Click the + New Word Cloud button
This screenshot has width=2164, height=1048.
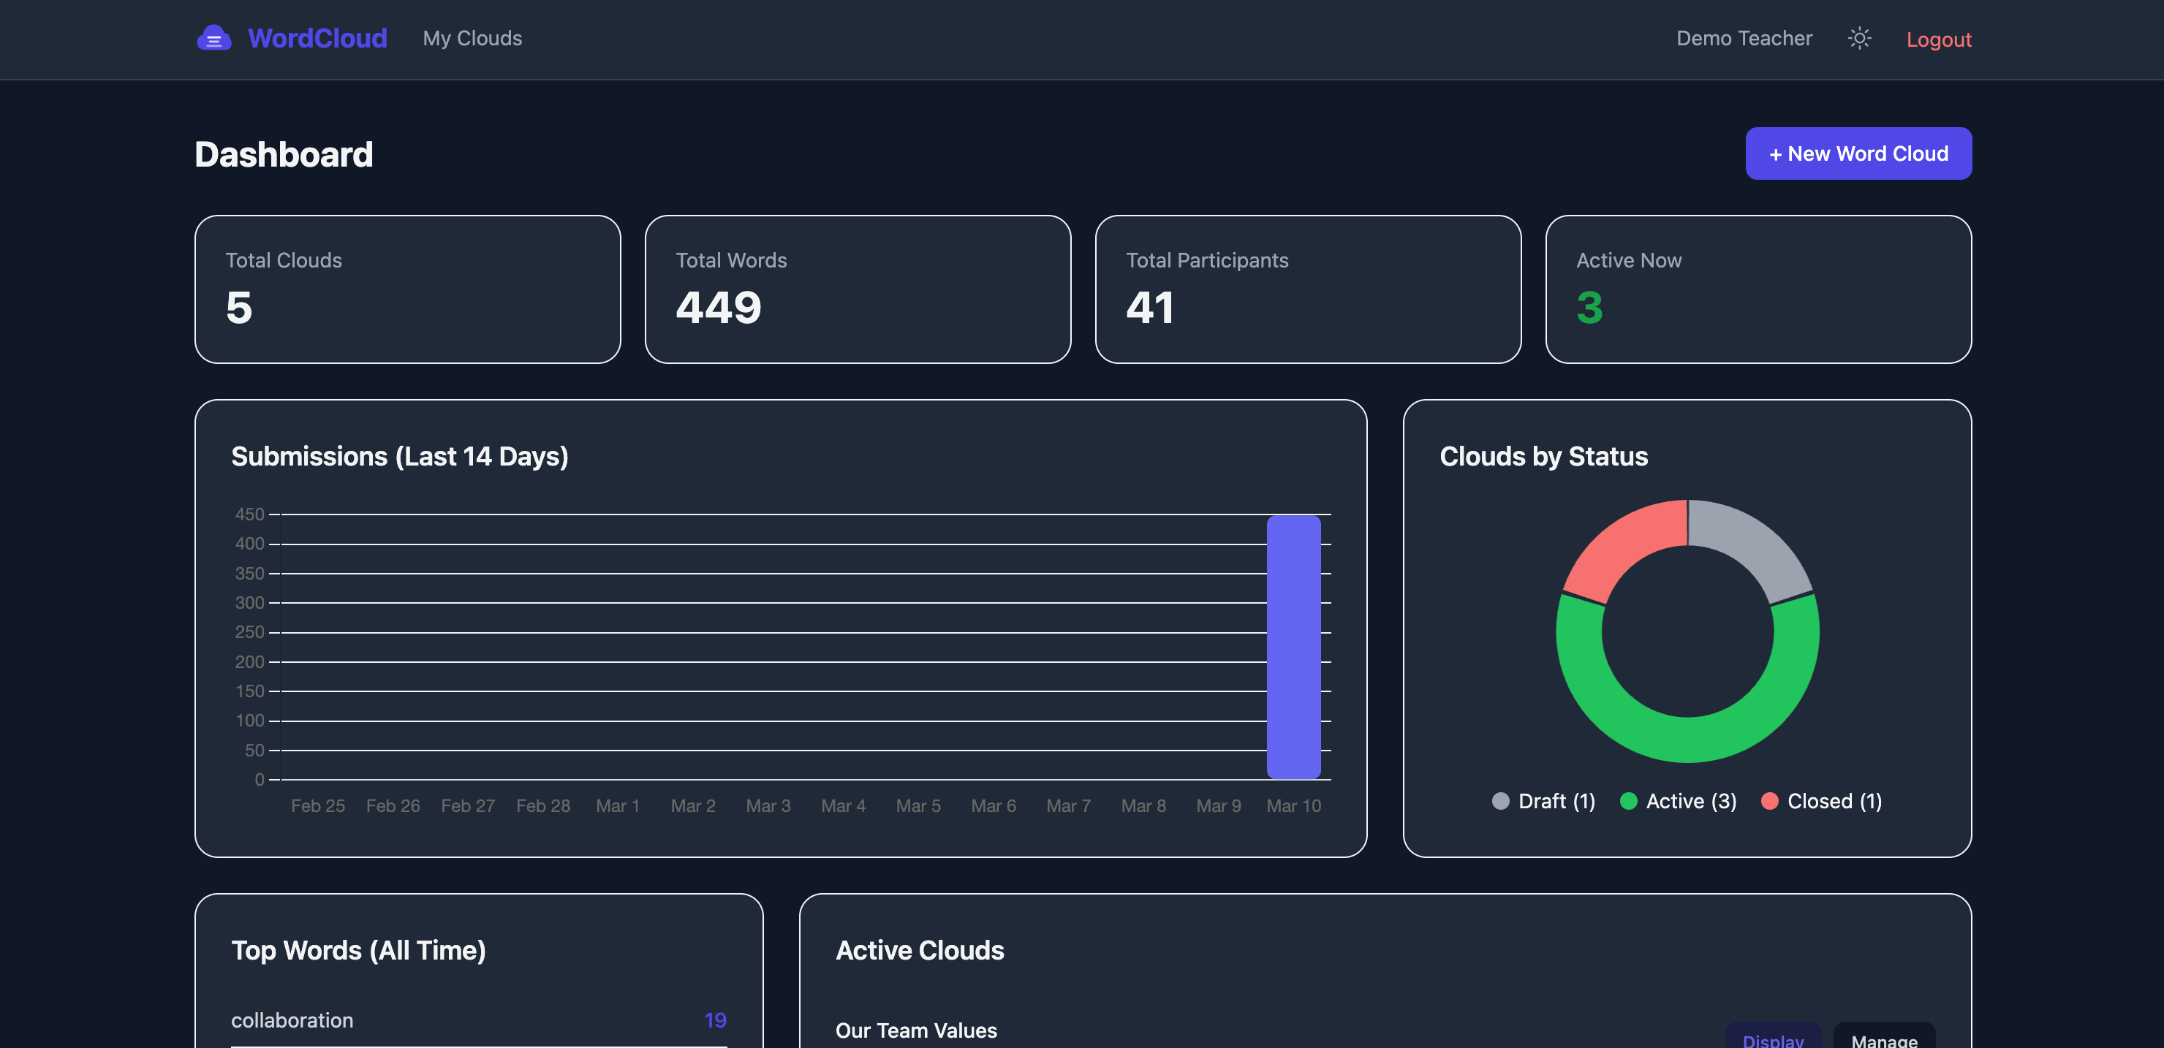click(x=1858, y=153)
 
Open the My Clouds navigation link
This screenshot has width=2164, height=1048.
click(x=472, y=39)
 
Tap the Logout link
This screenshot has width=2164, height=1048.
click(x=1938, y=39)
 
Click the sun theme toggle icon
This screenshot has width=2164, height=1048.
click(x=1859, y=39)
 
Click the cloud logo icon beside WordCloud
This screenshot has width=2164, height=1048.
click(x=214, y=38)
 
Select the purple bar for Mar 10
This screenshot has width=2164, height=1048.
click(x=1294, y=647)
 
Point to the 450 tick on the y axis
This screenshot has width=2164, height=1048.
click(x=249, y=514)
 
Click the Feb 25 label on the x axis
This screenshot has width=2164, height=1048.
click(x=317, y=806)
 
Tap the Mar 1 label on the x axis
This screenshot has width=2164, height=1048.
click(x=618, y=806)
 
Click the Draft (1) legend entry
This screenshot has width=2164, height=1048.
click(x=1544, y=801)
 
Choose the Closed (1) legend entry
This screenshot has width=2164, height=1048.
click(x=1821, y=801)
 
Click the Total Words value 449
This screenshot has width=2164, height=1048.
click(x=718, y=308)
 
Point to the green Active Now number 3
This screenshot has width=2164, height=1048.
click(x=1589, y=308)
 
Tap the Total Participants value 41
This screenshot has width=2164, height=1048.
click(x=1149, y=308)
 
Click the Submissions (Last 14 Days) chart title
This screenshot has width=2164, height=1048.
click(x=400, y=456)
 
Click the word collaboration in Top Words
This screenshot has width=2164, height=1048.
click(x=292, y=1020)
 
